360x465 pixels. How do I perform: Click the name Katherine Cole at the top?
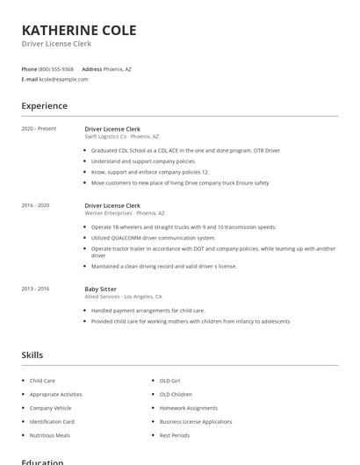click(79, 31)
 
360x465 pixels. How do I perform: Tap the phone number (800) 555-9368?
click(56, 68)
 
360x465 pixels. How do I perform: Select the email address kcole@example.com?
click(63, 79)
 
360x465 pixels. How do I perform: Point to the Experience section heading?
click(44, 106)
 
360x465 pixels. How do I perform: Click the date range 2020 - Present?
click(39, 129)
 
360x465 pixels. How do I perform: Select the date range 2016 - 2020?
click(35, 205)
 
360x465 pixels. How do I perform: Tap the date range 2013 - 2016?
click(35, 289)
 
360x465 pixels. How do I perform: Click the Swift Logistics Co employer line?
click(121, 137)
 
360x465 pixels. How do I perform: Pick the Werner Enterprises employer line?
click(125, 213)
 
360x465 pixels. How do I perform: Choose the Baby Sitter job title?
click(102, 289)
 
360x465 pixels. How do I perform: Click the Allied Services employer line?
click(123, 297)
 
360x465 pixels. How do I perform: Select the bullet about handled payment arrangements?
click(148, 311)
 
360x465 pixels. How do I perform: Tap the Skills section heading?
click(32, 355)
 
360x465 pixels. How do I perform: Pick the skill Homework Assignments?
click(188, 408)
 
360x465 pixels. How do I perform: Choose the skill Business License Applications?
click(195, 421)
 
